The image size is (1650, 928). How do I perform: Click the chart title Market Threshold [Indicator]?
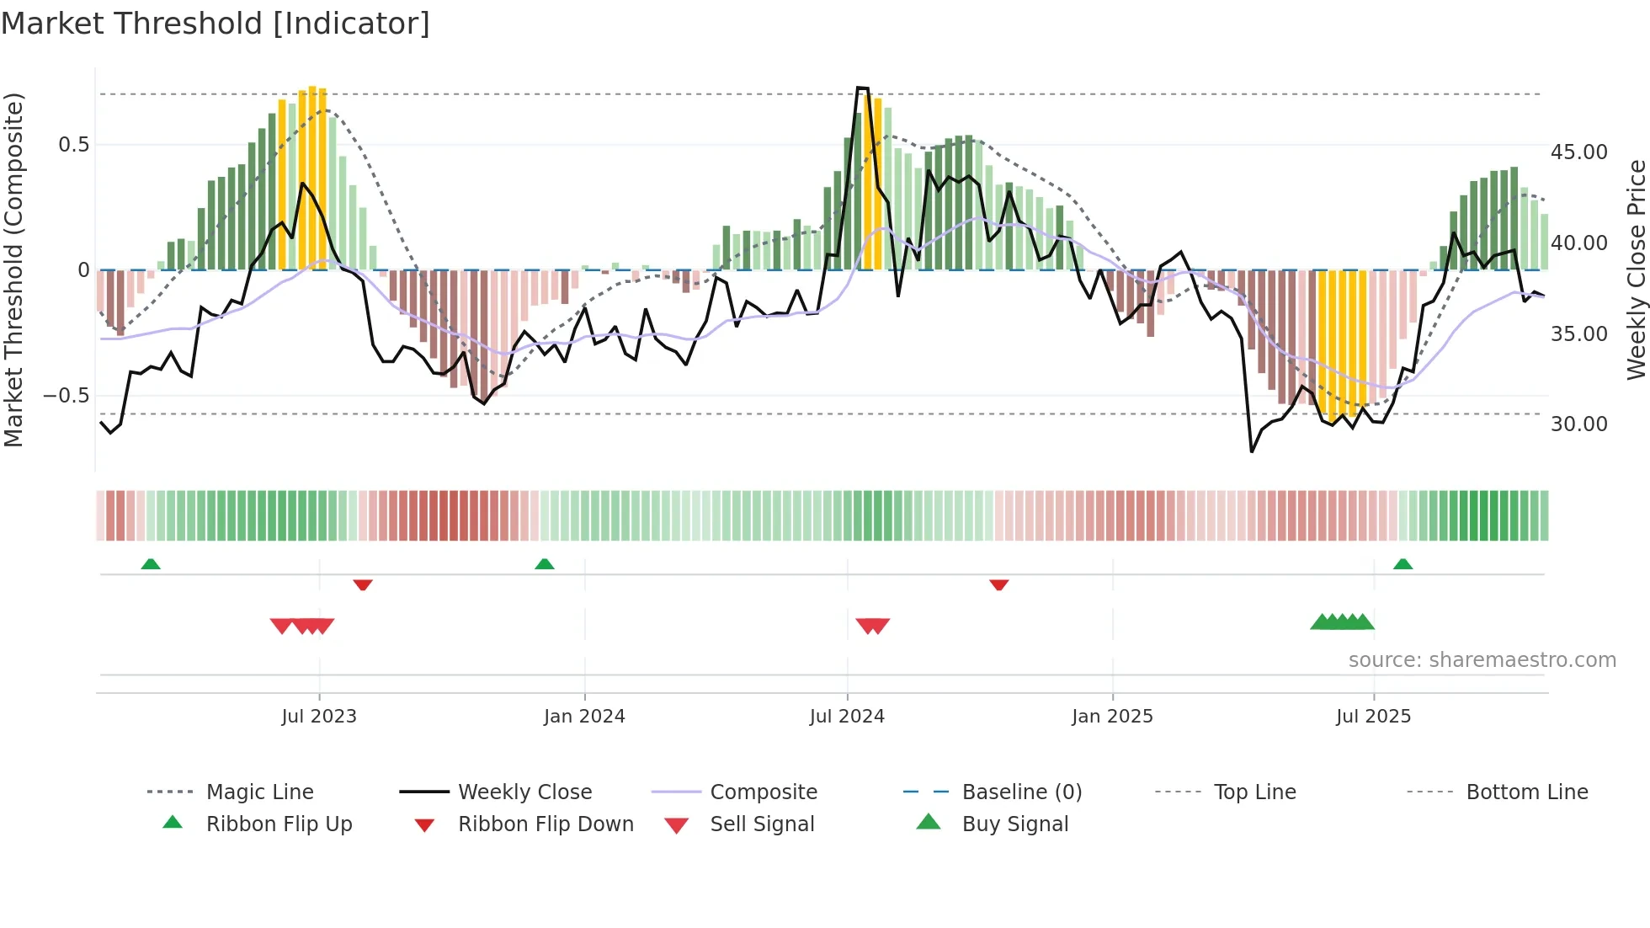tap(216, 24)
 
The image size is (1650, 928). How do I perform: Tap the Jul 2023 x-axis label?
tap(319, 717)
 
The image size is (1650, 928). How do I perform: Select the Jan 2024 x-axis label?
tap(584, 717)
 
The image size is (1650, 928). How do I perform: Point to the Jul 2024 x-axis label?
tap(847, 717)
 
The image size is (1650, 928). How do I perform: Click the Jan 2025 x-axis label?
tap(1112, 717)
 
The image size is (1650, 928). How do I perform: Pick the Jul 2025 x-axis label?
tap(1373, 717)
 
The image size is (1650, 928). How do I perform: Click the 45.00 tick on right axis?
tap(1578, 152)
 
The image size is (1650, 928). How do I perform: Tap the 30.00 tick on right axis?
tap(1578, 424)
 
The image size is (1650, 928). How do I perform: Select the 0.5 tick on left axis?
tap(73, 145)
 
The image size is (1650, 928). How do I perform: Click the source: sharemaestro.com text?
tap(1482, 660)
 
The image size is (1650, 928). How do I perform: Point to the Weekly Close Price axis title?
tap(1636, 269)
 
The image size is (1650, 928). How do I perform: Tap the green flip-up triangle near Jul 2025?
tap(1402, 564)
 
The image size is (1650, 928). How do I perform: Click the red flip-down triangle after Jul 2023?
tap(363, 584)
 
